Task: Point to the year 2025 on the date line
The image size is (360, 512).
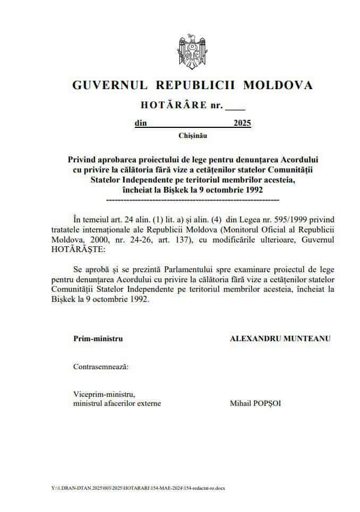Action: click(x=242, y=124)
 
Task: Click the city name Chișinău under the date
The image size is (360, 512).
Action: click(x=193, y=136)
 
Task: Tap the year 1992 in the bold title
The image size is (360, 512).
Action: click(x=252, y=189)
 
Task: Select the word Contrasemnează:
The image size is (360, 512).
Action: click(x=100, y=366)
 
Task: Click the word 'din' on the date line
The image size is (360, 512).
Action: click(x=140, y=124)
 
